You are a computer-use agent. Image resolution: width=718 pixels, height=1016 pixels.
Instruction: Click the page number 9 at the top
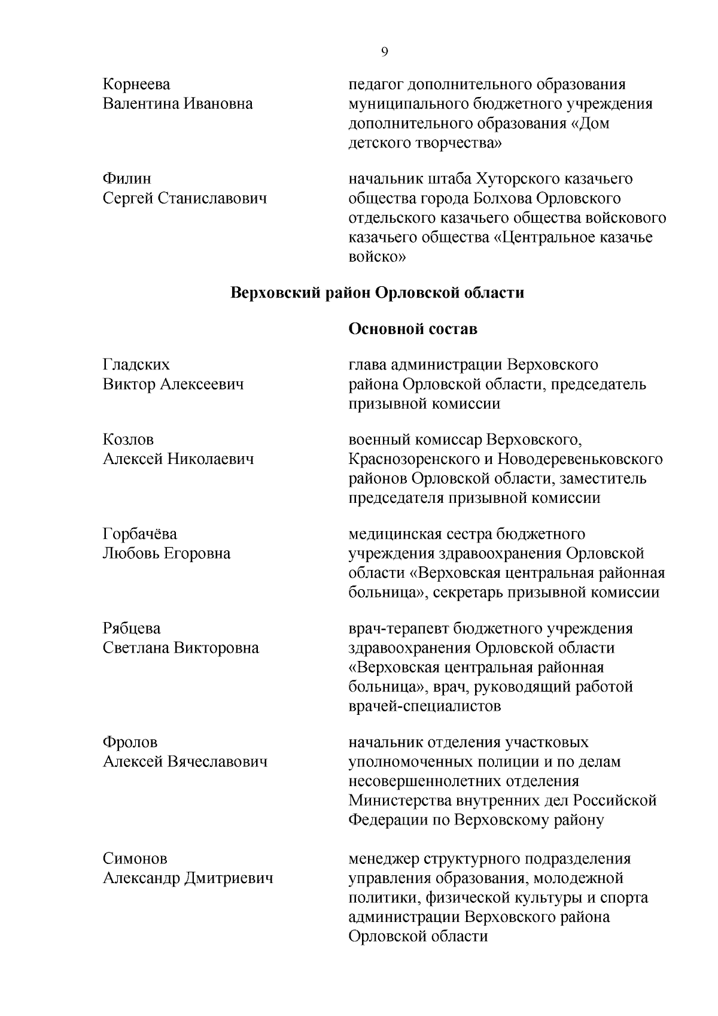(x=384, y=52)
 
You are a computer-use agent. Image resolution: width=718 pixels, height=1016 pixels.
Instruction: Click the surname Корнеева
(x=136, y=84)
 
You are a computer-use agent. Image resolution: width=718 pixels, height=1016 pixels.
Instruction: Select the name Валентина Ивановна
(x=178, y=104)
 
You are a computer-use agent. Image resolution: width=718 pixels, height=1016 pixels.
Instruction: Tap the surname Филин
(x=127, y=179)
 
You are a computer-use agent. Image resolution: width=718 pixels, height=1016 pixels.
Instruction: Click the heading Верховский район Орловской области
(x=377, y=293)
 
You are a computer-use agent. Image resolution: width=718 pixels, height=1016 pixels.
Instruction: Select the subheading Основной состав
(x=413, y=329)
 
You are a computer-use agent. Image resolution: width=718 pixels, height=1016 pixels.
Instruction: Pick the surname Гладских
(x=136, y=365)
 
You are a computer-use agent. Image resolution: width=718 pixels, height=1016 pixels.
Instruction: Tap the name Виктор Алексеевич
(x=174, y=384)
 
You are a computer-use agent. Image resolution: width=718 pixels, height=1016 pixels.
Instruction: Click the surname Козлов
(x=128, y=439)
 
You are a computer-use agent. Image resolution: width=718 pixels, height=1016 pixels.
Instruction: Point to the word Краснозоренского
(x=413, y=459)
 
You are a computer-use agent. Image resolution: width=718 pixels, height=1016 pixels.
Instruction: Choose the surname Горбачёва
(x=140, y=534)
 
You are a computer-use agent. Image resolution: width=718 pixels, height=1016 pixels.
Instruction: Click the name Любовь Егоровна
(x=166, y=553)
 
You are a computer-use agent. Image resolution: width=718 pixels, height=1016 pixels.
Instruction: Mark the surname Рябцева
(x=132, y=629)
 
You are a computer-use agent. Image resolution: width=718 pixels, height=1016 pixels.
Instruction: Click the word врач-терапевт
(x=398, y=629)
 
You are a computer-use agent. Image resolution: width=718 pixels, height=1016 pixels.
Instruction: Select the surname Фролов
(x=130, y=742)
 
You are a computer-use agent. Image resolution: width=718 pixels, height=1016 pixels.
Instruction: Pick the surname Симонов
(x=135, y=859)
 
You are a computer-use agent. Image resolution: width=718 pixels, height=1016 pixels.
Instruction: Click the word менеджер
(x=384, y=859)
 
